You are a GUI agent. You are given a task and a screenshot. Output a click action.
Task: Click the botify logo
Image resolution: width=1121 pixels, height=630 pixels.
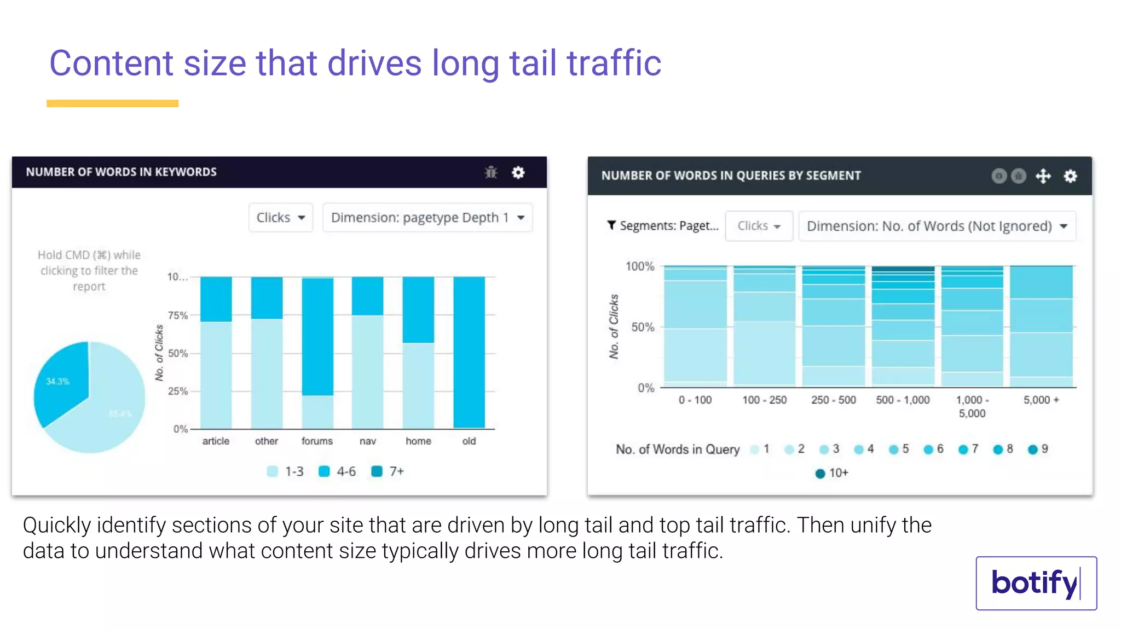coord(1036,583)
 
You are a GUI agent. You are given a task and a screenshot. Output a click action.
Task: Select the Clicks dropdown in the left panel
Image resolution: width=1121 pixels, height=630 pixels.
coord(280,218)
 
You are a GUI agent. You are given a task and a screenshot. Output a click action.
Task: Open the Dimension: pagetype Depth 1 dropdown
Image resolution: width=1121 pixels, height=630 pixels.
coord(427,218)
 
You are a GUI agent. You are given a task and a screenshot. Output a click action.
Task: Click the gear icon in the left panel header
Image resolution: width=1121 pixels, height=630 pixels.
coord(518,173)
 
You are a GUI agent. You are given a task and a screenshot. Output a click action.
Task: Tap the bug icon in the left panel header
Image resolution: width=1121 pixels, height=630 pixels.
coord(491,173)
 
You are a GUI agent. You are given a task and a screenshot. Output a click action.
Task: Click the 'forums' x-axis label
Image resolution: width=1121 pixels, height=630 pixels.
coord(317,441)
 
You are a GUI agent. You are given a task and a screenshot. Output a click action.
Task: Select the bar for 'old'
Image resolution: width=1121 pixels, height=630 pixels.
coord(469,353)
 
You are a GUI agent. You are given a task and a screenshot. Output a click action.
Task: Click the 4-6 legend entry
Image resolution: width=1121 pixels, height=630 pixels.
coord(337,471)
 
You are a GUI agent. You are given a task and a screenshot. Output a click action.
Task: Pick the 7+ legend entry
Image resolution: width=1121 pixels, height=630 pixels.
coord(388,471)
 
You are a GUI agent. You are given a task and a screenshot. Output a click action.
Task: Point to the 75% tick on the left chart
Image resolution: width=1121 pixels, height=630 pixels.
coord(178,316)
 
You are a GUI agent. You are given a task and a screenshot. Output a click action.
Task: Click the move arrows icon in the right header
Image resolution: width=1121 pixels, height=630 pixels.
coord(1043,176)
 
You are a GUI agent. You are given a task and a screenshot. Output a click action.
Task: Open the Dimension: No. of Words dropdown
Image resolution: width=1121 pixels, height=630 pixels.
coord(937,226)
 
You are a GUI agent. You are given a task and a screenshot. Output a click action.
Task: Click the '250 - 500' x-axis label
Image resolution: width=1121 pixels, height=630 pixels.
coord(833,400)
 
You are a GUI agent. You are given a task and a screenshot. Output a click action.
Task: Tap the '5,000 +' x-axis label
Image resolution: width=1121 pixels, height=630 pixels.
coord(1041,400)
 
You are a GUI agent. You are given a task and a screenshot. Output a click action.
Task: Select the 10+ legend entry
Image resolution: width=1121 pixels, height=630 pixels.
coord(831,473)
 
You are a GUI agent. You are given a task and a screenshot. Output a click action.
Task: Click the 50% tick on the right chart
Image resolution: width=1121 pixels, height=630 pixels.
coord(643,328)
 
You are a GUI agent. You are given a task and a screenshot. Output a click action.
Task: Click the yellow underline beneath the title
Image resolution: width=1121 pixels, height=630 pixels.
coord(112,103)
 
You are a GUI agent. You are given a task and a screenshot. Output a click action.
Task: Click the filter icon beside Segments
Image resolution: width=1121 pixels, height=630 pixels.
coord(611,225)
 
